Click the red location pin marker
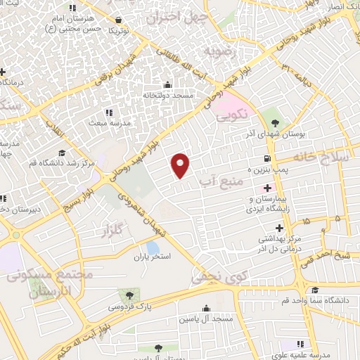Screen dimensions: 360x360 click(x=181, y=165)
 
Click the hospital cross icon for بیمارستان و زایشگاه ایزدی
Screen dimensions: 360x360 click(x=267, y=188)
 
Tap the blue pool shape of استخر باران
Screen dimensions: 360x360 click(x=153, y=247)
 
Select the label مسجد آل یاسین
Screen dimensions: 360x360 click(x=206, y=320)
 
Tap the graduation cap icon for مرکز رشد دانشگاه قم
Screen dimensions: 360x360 click(x=62, y=153)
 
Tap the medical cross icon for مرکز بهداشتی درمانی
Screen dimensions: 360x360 click(x=280, y=228)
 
